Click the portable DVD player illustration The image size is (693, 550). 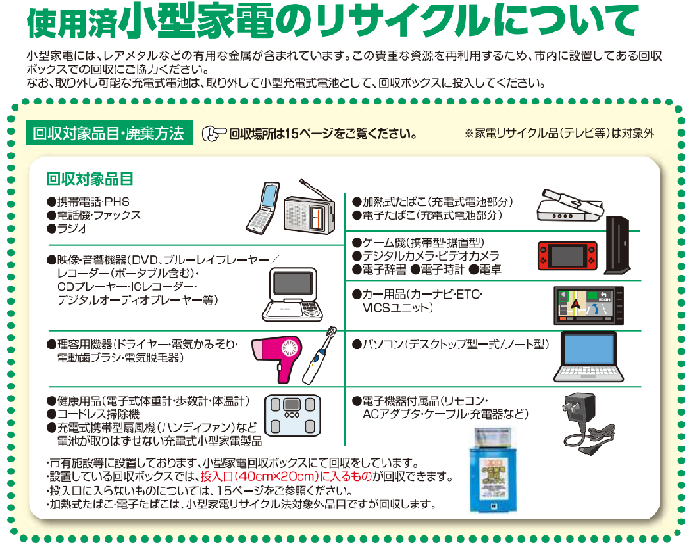297,288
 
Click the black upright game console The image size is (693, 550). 618,245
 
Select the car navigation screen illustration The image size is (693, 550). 586,308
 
